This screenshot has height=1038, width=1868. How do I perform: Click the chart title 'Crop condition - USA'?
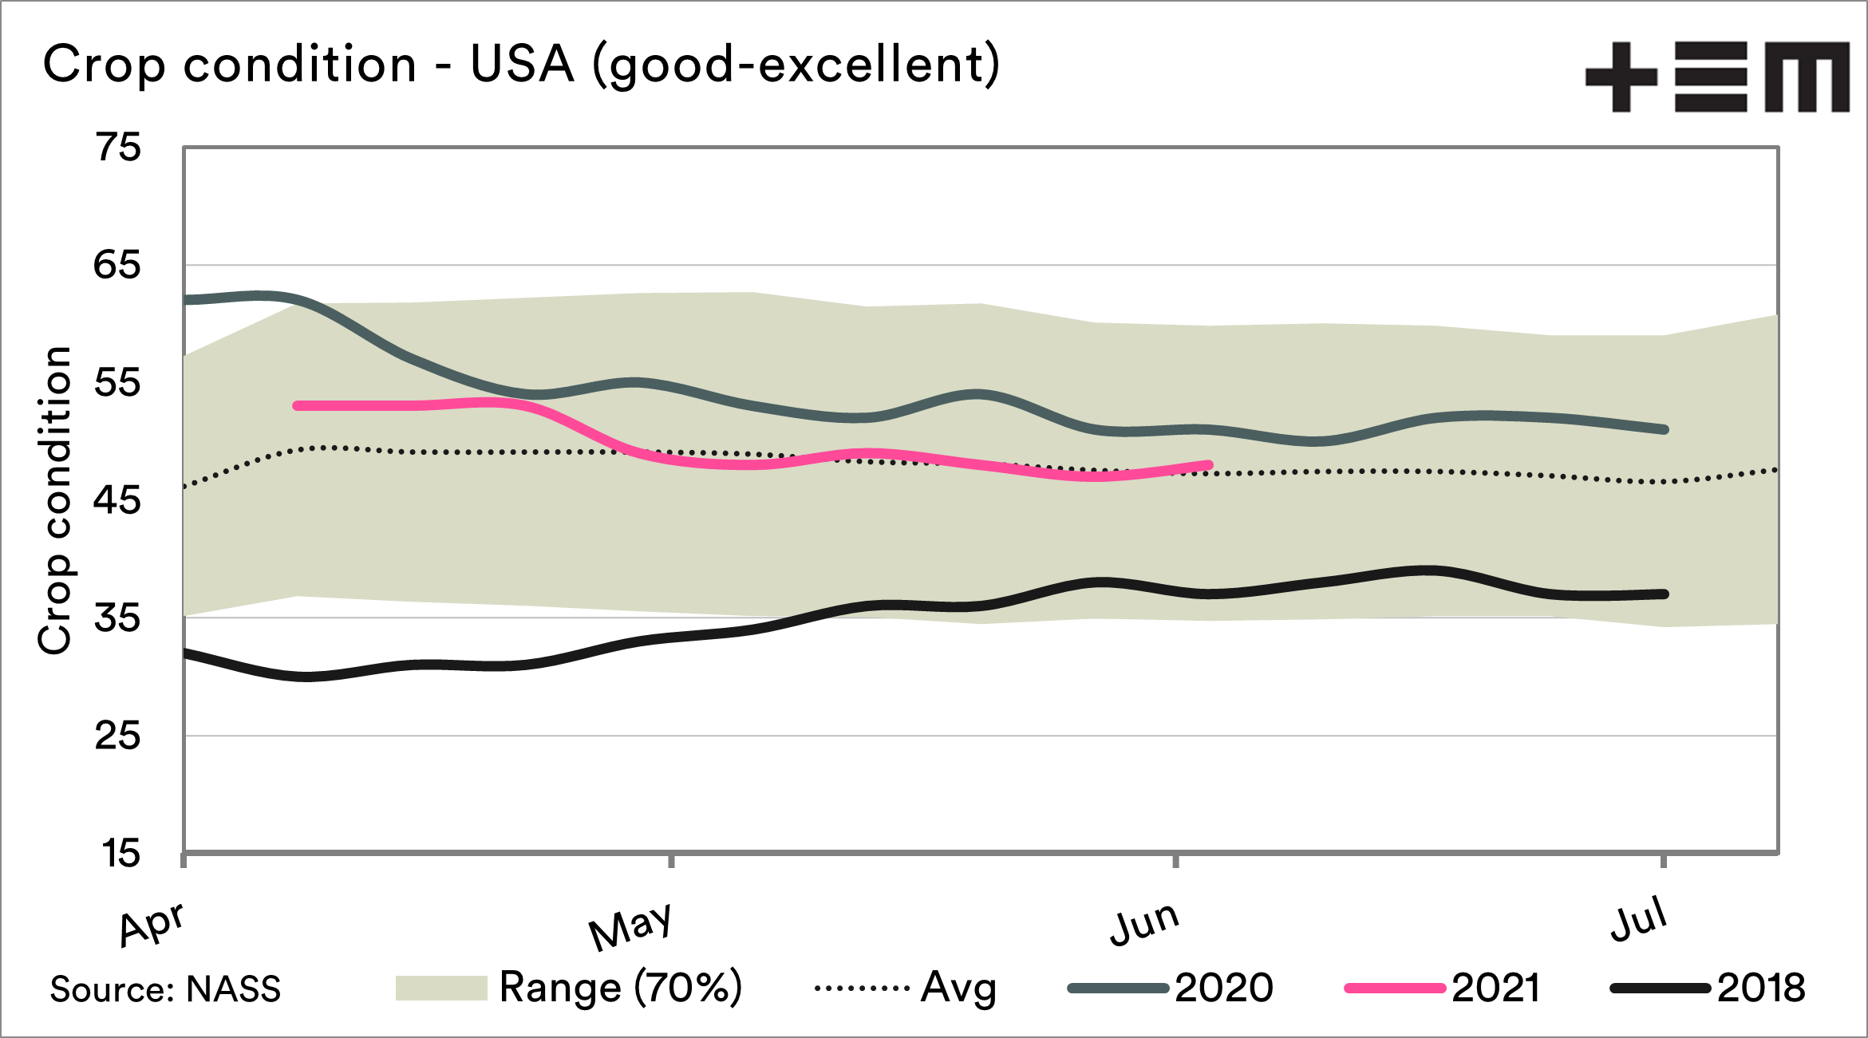coord(520,64)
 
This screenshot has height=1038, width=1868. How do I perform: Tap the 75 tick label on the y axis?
coord(118,148)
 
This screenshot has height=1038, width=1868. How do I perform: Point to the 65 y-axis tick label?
coord(117,265)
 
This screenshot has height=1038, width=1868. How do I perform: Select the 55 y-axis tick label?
coord(117,383)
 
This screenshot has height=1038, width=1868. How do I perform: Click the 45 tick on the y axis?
coord(117,500)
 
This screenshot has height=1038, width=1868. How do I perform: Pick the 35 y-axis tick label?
coord(117,618)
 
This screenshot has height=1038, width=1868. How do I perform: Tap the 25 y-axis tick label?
coord(117,736)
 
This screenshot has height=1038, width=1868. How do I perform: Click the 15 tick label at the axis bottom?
coord(120,854)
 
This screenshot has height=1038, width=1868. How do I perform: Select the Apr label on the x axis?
coord(152,923)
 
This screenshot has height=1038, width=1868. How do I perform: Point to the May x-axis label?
coord(630,926)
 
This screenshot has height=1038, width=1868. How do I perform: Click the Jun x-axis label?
coord(1144,924)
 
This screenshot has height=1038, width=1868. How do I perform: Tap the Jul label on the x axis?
coord(1638,919)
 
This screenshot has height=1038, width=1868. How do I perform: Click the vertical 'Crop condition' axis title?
coord(56,500)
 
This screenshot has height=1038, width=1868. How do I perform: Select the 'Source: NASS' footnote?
coord(165,989)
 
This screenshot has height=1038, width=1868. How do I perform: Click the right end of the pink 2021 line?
coord(1209,465)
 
